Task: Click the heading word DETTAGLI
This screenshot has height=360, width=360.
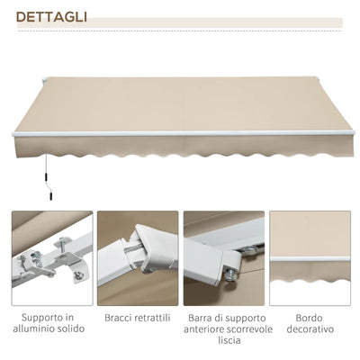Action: (x=50, y=17)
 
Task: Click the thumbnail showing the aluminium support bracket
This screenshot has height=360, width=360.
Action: (x=51, y=258)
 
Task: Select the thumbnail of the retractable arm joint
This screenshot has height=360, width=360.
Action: (x=138, y=258)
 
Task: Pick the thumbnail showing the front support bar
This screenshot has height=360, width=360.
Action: (x=224, y=258)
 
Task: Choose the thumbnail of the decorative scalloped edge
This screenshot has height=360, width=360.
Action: (x=310, y=258)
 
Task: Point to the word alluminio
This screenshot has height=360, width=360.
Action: (x=38, y=329)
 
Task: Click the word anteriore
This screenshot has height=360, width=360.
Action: (x=204, y=329)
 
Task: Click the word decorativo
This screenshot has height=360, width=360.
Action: (x=310, y=329)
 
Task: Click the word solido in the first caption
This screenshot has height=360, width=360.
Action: (x=75, y=329)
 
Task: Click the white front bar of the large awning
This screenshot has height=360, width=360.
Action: (x=180, y=134)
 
